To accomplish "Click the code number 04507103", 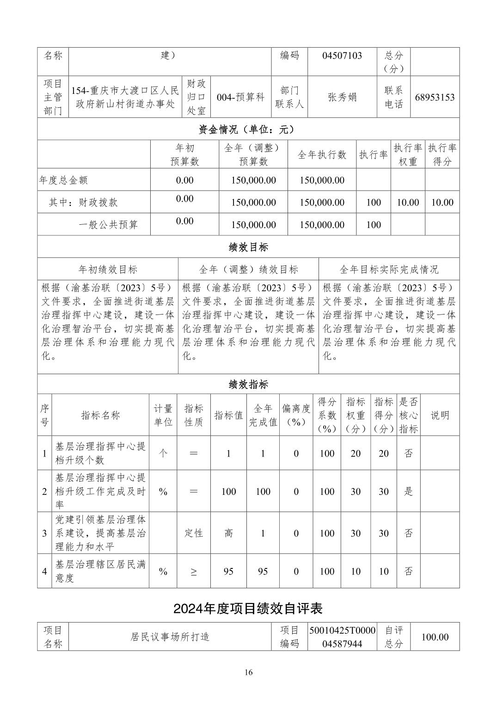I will coord(342,56).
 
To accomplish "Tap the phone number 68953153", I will coord(435,98).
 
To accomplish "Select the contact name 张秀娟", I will coord(342,98).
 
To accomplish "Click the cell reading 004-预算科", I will coord(240,98).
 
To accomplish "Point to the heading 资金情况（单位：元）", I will coord(248,130).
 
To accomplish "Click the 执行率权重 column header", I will coord(408,155).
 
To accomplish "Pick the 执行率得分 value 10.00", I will coord(442,203).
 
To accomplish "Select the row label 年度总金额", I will coord(63,180).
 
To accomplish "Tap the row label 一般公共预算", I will coord(108,225).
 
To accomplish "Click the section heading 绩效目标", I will coord(248,247).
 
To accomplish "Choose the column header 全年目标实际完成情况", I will coord(389,270).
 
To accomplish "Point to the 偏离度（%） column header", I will coord(296,415).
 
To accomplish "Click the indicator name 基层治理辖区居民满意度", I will coord(100,571).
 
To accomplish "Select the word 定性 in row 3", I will coord(194,533).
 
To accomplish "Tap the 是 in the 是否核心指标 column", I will coord(408,492).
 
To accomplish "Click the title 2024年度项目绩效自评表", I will coord(248,609).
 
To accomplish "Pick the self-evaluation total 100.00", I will coord(435,637).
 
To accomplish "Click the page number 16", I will coord(249,672).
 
